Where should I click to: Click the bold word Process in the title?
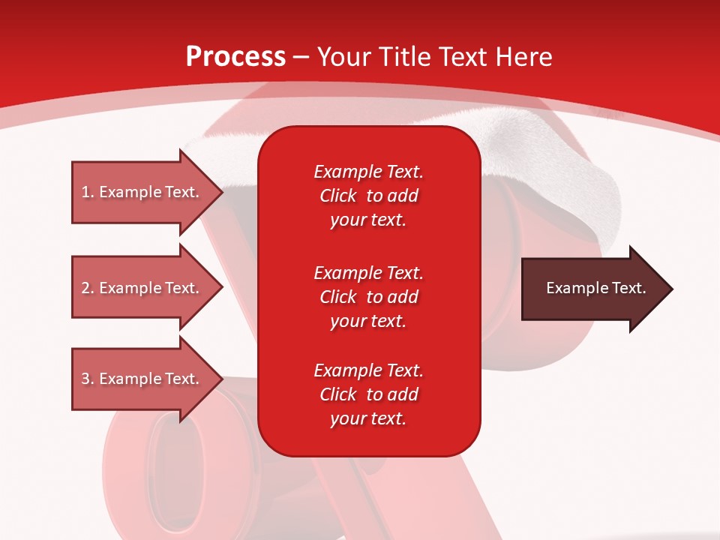click(235, 57)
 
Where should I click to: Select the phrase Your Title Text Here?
click(435, 57)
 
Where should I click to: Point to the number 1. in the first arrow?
click(88, 192)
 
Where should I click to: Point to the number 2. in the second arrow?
click(88, 288)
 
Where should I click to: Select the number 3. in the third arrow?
click(88, 379)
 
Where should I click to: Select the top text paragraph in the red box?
click(368, 196)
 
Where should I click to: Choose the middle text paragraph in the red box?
click(368, 297)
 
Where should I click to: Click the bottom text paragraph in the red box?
click(368, 394)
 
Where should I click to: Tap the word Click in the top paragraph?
click(338, 196)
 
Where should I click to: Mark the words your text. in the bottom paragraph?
click(368, 418)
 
